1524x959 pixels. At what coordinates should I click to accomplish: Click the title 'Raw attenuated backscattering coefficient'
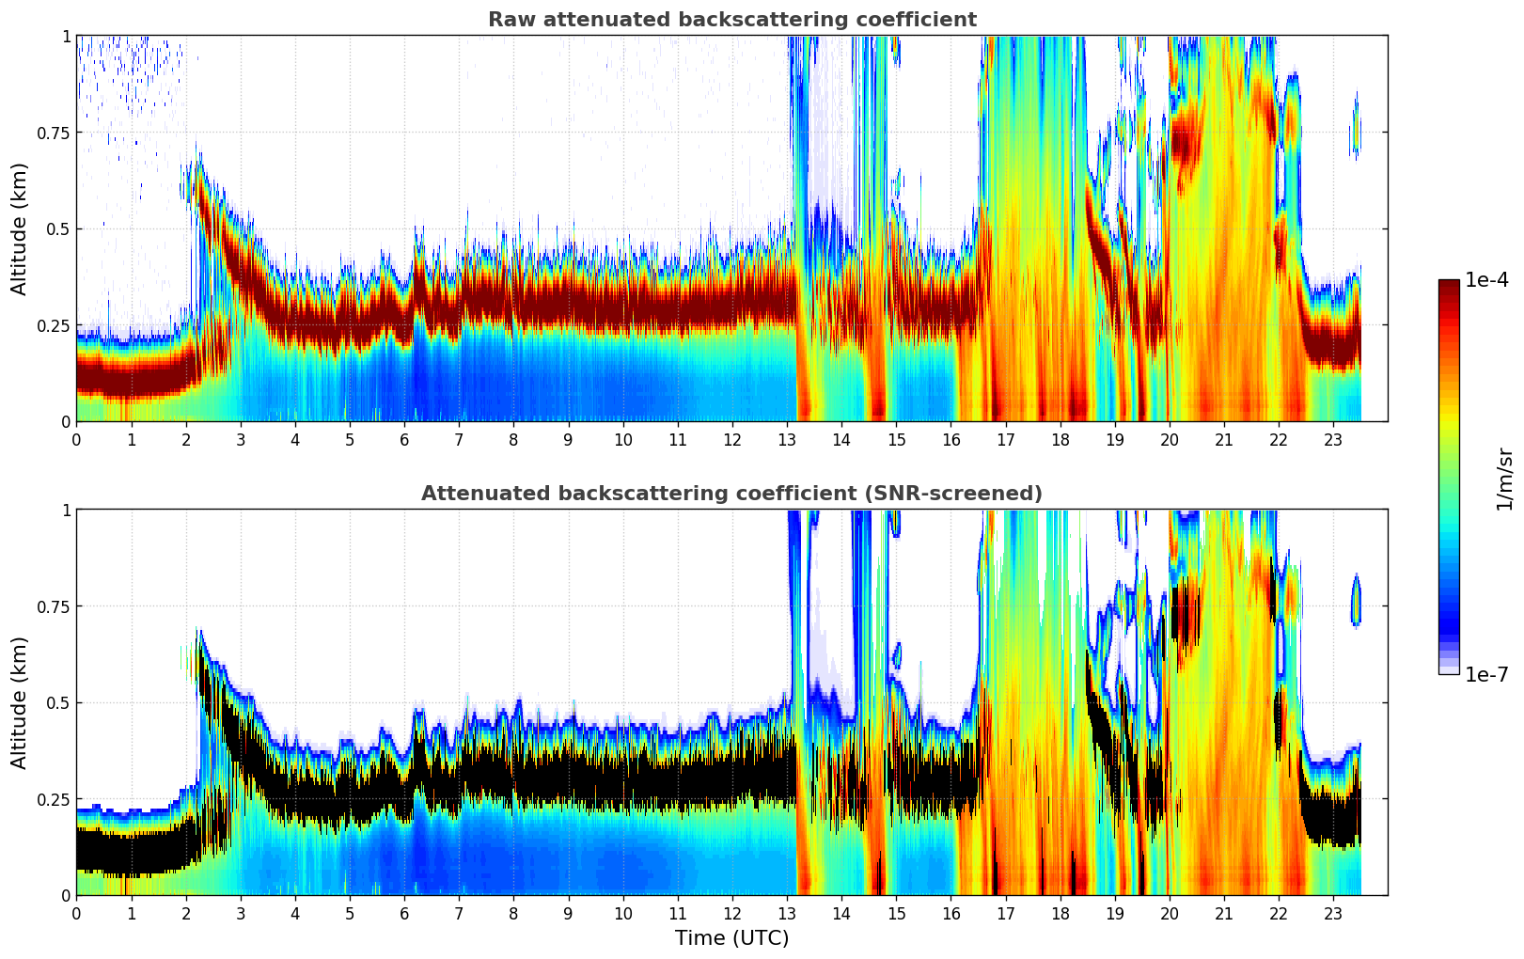point(731,20)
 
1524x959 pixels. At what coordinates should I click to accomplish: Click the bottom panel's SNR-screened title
point(731,494)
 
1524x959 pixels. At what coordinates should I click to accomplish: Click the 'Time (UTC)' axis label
point(731,938)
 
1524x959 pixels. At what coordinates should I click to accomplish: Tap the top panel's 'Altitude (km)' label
point(20,228)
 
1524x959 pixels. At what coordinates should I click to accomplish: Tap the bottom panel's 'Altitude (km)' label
point(20,702)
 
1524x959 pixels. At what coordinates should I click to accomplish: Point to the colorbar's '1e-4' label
point(1486,280)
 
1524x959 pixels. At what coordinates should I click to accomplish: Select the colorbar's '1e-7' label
point(1486,675)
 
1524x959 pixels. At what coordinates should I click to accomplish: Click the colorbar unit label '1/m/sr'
point(1504,479)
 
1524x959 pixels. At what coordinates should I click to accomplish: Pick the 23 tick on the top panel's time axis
point(1333,440)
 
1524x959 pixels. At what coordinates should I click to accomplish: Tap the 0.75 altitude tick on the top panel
point(54,133)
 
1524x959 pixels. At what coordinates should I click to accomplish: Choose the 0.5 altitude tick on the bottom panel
point(59,702)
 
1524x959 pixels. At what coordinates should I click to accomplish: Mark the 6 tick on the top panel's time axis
point(404,440)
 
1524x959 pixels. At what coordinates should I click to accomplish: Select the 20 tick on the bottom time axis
point(1170,914)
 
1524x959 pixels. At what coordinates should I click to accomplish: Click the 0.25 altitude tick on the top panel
point(54,325)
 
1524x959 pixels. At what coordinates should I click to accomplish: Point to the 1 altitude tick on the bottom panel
point(66,511)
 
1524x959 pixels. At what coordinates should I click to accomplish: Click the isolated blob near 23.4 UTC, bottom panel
point(1356,600)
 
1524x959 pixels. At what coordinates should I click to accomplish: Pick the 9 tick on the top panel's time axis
point(568,440)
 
